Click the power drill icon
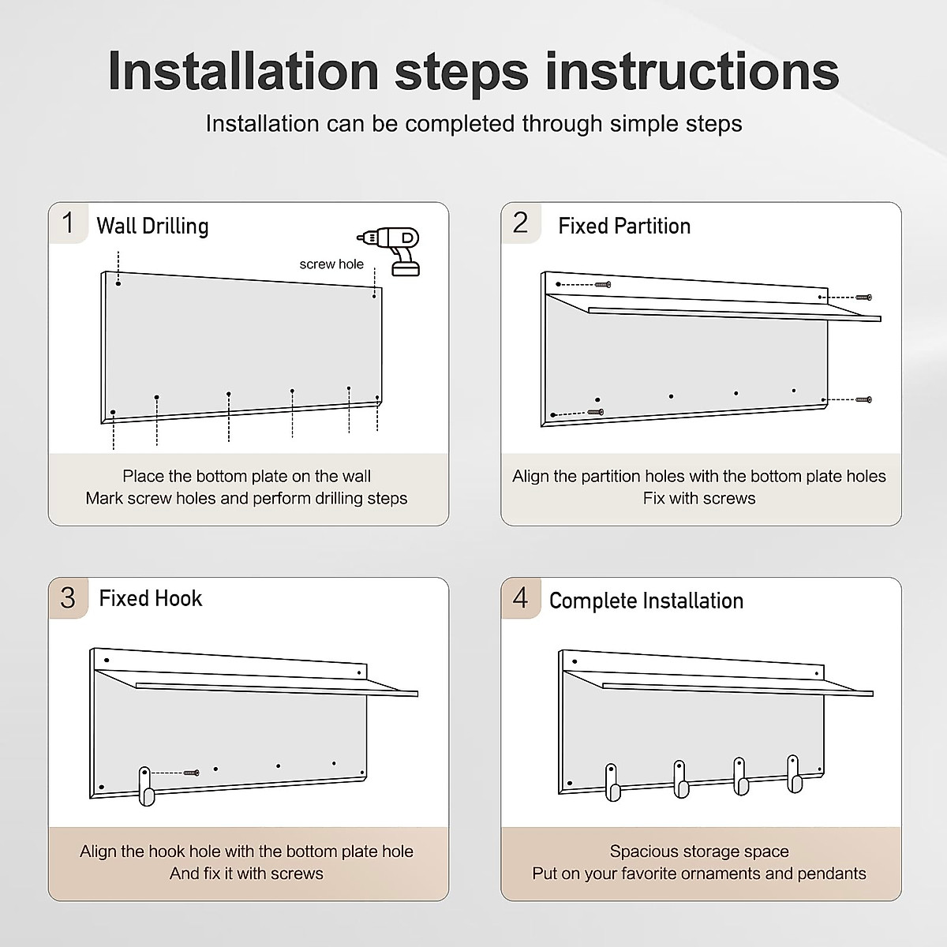(x=389, y=251)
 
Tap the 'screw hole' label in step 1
(x=331, y=264)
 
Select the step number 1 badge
(x=68, y=223)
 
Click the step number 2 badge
(x=520, y=223)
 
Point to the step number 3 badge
(x=68, y=598)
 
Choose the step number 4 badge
(x=520, y=598)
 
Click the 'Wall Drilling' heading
(x=152, y=226)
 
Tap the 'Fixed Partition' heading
(x=624, y=226)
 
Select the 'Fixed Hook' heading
(x=151, y=598)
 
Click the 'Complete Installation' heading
(x=646, y=601)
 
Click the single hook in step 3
(x=145, y=786)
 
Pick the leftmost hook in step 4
(x=612, y=782)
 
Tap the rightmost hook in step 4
(x=794, y=774)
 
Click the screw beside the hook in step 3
(x=191, y=773)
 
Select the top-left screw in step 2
(x=602, y=285)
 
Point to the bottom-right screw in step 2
(x=863, y=399)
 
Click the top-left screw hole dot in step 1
(x=118, y=283)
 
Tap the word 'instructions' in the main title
(x=692, y=72)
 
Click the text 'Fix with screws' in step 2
(x=699, y=498)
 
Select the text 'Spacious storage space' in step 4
(x=699, y=852)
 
